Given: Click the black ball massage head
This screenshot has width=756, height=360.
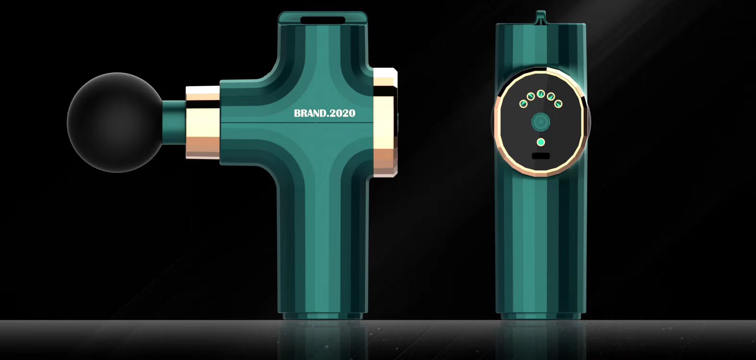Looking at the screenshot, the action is [115, 122].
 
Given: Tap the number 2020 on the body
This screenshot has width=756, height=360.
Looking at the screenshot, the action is [342, 113].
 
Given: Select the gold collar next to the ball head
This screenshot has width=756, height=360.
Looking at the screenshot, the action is [202, 122].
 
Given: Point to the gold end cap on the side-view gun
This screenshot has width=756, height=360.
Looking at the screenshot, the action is [385, 122].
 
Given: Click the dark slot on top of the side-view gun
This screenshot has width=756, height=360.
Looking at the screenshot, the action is [323, 20].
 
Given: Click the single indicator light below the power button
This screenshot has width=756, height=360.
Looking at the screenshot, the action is [541, 142].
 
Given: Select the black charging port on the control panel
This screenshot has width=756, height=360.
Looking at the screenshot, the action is [541, 156].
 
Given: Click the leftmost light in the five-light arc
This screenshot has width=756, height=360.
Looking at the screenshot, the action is [523, 103].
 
